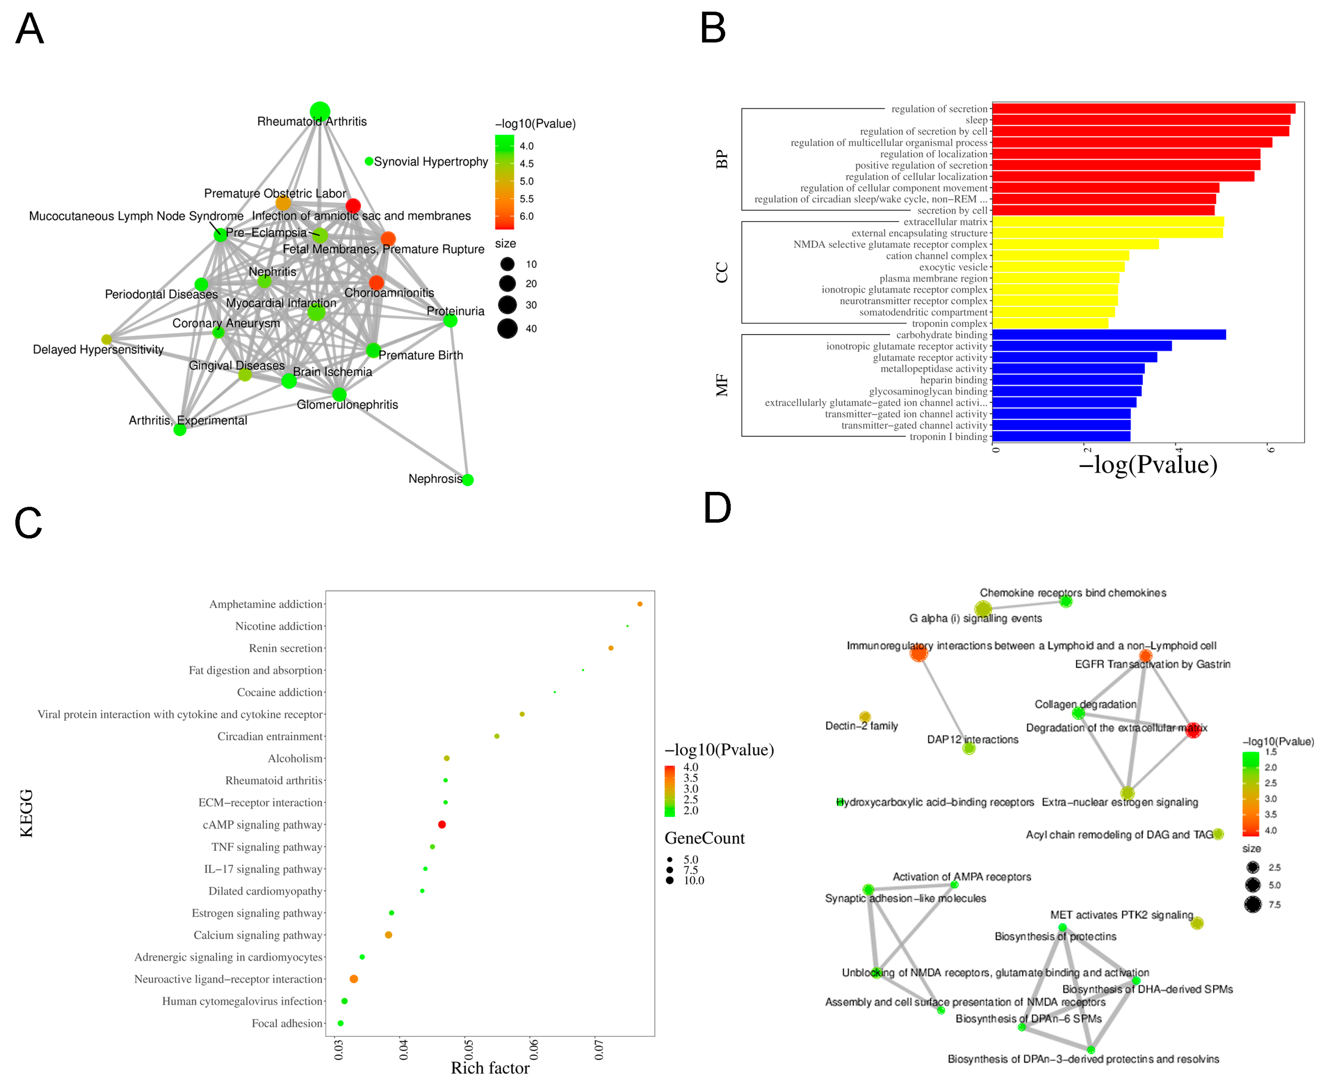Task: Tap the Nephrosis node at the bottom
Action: pyautogui.click(x=468, y=480)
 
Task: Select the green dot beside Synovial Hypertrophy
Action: pyautogui.click(x=369, y=161)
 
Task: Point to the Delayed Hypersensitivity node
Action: pyautogui.click(x=107, y=339)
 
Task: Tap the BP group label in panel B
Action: pyautogui.click(x=722, y=159)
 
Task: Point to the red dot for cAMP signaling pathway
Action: pyautogui.click(x=442, y=824)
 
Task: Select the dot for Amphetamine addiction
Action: pyautogui.click(x=639, y=604)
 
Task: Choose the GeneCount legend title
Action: pyautogui.click(x=704, y=838)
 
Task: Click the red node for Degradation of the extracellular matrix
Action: pyautogui.click(x=1193, y=730)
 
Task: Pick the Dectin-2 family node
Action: pyautogui.click(x=864, y=716)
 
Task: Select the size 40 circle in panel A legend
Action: pyautogui.click(x=507, y=328)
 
